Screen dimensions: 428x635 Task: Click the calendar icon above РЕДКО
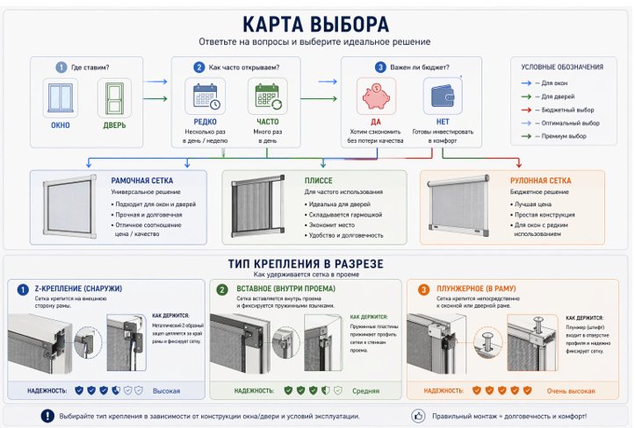[x=207, y=96]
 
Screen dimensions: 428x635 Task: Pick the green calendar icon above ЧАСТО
[x=267, y=96]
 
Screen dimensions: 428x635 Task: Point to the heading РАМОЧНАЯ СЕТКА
[x=141, y=181]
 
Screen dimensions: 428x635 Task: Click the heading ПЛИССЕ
[x=319, y=181]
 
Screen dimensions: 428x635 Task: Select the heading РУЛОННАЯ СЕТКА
[x=541, y=181]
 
